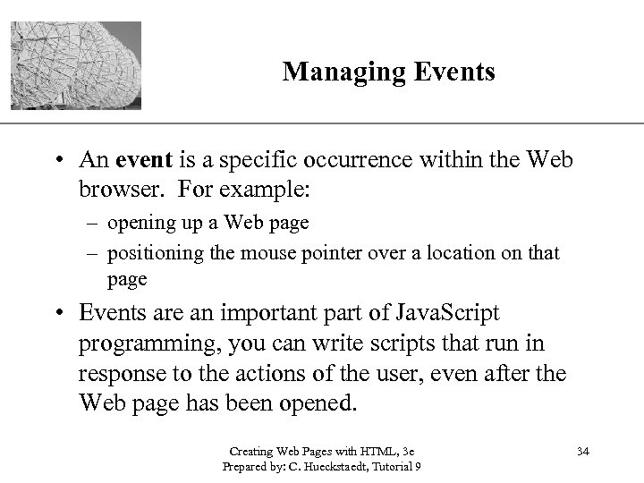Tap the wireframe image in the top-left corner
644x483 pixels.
(x=75, y=66)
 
